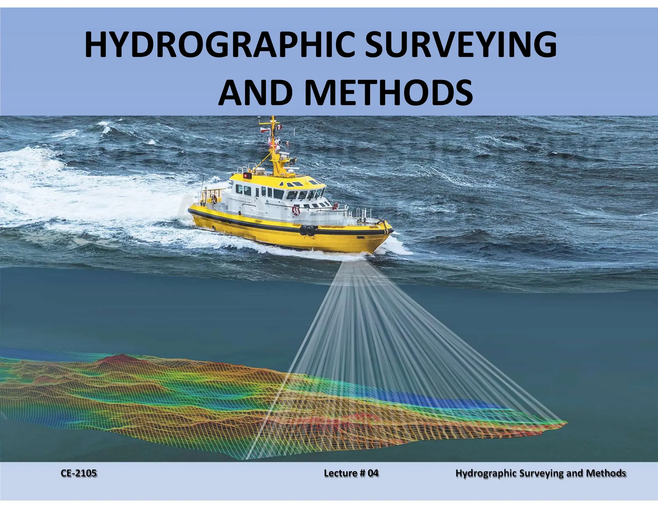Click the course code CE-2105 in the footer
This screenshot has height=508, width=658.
(x=79, y=473)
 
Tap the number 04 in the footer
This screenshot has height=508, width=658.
(x=373, y=473)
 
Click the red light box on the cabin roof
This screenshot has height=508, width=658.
(x=247, y=176)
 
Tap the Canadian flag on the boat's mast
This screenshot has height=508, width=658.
(x=279, y=127)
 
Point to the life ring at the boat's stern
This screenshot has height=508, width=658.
(x=295, y=211)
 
